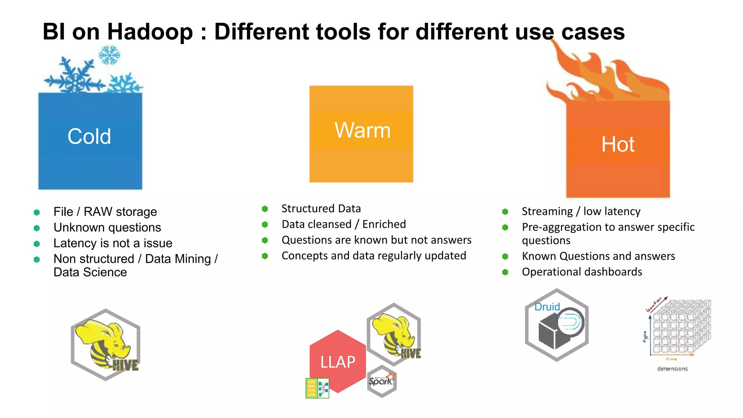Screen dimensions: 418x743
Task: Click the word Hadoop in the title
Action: tap(150, 32)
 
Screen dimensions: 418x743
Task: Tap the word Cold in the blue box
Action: tap(89, 136)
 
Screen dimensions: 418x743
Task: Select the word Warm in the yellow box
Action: tap(362, 130)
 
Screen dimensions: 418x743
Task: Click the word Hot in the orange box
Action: tap(618, 144)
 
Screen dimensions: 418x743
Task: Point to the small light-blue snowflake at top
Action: tap(109, 55)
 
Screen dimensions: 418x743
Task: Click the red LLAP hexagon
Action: tap(337, 361)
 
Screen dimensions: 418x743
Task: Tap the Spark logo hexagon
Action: tap(381, 381)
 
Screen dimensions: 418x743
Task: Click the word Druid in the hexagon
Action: tap(547, 307)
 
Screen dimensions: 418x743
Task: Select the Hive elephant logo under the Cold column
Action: tap(106, 345)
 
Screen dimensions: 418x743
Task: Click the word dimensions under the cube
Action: tap(672, 369)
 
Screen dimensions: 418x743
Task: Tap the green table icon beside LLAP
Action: tap(317, 388)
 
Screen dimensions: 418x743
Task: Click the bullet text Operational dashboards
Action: tap(582, 272)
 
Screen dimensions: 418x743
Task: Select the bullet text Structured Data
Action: tap(321, 209)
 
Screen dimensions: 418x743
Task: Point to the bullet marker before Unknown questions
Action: tap(37, 228)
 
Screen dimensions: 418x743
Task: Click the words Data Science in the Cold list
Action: tap(90, 272)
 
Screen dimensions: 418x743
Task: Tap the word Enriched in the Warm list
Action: tap(384, 224)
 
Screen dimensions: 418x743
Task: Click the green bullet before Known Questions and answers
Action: tap(505, 257)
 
